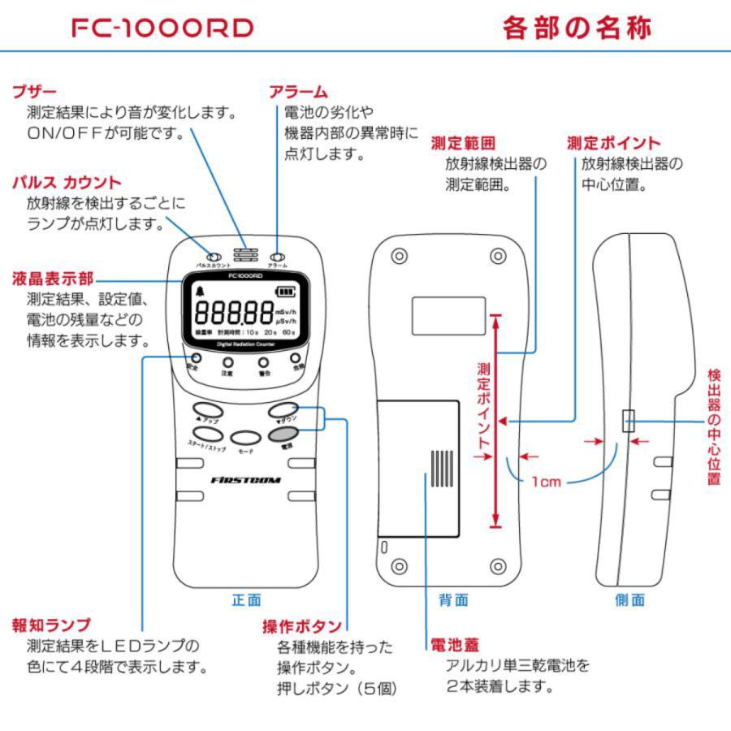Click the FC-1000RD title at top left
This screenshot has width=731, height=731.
click(162, 28)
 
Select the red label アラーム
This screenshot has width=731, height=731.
click(298, 92)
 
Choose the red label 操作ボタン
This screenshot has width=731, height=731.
click(301, 626)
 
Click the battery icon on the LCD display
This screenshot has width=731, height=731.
click(286, 292)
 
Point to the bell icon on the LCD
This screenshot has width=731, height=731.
click(201, 292)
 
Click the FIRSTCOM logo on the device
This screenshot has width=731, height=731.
click(245, 479)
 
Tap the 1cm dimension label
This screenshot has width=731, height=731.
click(547, 482)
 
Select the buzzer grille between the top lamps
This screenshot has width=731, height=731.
click(246, 254)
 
